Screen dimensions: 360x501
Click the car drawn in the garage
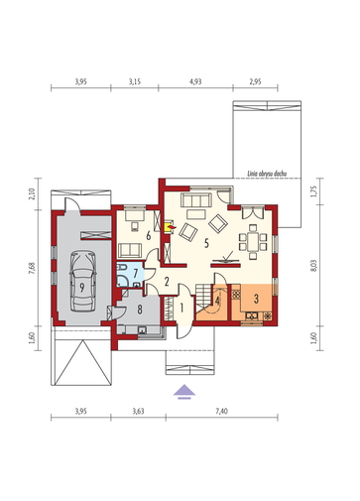pyautogui.click(x=82, y=281)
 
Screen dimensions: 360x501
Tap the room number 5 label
pyautogui.click(x=206, y=243)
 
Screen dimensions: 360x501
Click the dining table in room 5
pyautogui.click(x=253, y=241)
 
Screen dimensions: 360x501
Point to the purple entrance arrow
pyautogui.click(x=184, y=392)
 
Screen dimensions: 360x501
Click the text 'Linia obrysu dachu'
pyautogui.click(x=267, y=174)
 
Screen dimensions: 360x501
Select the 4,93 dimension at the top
pyautogui.click(x=195, y=81)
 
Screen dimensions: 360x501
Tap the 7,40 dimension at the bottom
pyautogui.click(x=221, y=411)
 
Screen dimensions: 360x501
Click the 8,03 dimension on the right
pyautogui.click(x=314, y=265)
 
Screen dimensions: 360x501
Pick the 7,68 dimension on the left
pyautogui.click(x=32, y=268)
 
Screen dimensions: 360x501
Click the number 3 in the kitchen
pyautogui.click(x=256, y=299)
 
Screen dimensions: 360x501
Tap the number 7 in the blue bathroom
pyautogui.click(x=135, y=274)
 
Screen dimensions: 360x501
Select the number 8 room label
pyautogui.click(x=140, y=310)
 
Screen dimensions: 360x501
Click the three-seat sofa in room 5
pyautogui.click(x=196, y=200)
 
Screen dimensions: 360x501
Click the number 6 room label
pyautogui.click(x=149, y=236)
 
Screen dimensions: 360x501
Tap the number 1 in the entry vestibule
pyautogui.click(x=181, y=308)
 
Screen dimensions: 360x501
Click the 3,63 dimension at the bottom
pyautogui.click(x=138, y=411)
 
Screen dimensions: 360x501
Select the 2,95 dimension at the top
pyautogui.click(x=255, y=81)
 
